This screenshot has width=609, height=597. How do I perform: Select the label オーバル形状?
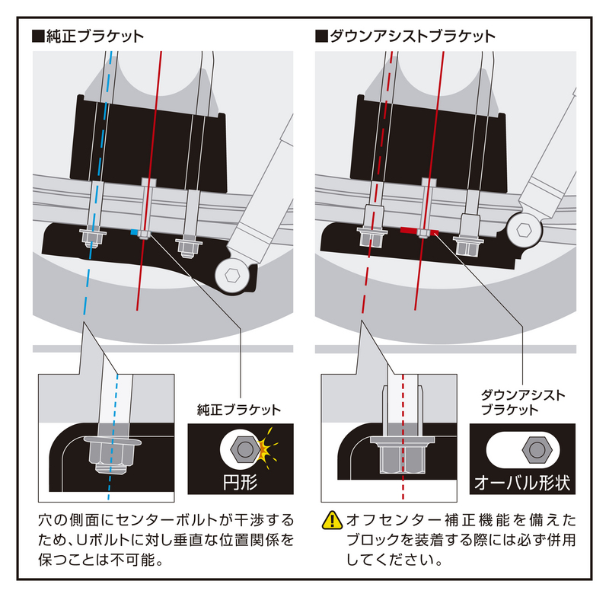tap(521, 483)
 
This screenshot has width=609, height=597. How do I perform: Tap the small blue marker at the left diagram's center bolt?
tap(136, 232)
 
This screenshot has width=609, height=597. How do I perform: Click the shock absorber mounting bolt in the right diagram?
tap(525, 228)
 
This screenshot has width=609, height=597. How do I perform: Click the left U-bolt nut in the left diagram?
tap(92, 239)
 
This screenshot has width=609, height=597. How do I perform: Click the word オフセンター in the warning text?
tap(385, 521)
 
